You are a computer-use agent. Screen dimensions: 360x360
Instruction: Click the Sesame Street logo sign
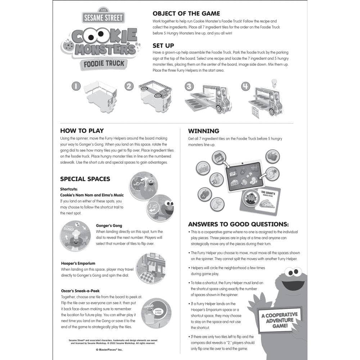point(103,17)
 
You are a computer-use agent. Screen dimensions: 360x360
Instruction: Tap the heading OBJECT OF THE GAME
point(186,14)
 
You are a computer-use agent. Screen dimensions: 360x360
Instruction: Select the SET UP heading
point(163,46)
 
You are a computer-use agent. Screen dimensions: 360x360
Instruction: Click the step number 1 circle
point(76,86)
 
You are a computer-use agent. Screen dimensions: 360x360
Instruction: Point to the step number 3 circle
point(189,86)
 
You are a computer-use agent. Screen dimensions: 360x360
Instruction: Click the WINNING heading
point(203,131)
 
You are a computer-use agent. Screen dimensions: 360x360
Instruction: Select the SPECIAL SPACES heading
point(85,179)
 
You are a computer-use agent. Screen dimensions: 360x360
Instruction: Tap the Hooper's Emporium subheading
point(78,264)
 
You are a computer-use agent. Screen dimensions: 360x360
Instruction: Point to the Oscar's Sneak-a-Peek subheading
point(80,291)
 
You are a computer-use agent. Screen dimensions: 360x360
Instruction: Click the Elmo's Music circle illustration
point(161,208)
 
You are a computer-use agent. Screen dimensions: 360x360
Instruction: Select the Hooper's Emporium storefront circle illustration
point(151,268)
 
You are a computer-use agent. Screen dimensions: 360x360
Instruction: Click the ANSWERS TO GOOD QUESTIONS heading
point(238,224)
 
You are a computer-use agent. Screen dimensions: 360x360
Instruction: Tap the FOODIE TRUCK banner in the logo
point(104,64)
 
